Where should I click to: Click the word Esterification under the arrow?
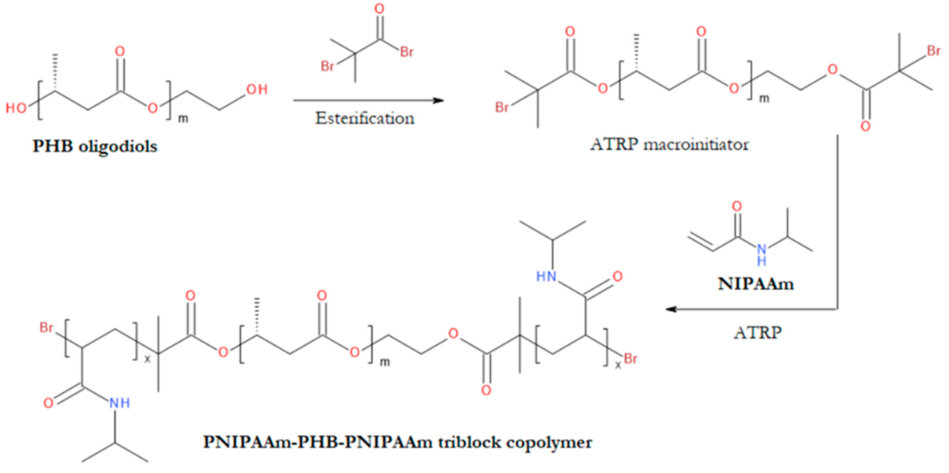click(x=365, y=118)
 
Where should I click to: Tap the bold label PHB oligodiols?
click(x=95, y=146)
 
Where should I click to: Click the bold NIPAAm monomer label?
click(x=756, y=284)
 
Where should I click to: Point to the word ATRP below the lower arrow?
click(x=758, y=333)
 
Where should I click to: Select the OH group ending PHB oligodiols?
click(x=257, y=89)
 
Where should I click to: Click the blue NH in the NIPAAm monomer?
click(x=761, y=254)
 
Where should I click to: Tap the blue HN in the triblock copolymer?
click(x=546, y=276)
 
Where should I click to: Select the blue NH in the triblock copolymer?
click(x=120, y=403)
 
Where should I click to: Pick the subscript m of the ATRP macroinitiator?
click(x=764, y=98)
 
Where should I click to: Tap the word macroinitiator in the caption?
click(x=696, y=144)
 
